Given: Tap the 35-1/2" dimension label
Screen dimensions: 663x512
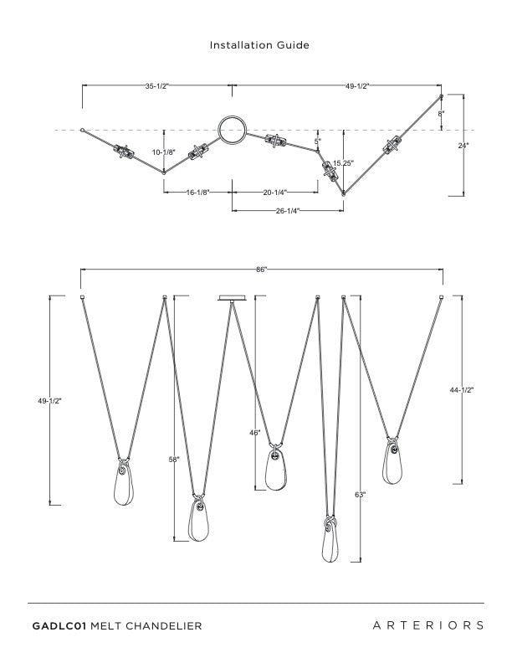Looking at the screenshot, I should pyautogui.click(x=157, y=86).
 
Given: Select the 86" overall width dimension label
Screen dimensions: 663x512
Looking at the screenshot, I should pyautogui.click(x=261, y=270).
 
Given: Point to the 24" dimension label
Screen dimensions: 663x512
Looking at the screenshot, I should pyautogui.click(x=463, y=145).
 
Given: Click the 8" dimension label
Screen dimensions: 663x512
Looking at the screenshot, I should pyautogui.click(x=442, y=112).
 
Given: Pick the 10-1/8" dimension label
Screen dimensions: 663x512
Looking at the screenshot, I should pyautogui.click(x=163, y=152).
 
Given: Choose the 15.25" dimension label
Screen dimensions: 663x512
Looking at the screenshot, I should pyautogui.click(x=343, y=163).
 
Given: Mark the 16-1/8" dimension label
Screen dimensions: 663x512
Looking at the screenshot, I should pyautogui.click(x=197, y=193).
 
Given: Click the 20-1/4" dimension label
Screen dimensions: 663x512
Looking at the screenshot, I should pyautogui.click(x=275, y=193).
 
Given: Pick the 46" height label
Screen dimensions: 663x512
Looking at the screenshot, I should pyautogui.click(x=255, y=433).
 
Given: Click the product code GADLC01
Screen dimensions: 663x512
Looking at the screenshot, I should pyautogui.click(x=59, y=625).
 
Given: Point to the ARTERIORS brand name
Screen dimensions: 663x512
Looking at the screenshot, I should pyautogui.click(x=428, y=625).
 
